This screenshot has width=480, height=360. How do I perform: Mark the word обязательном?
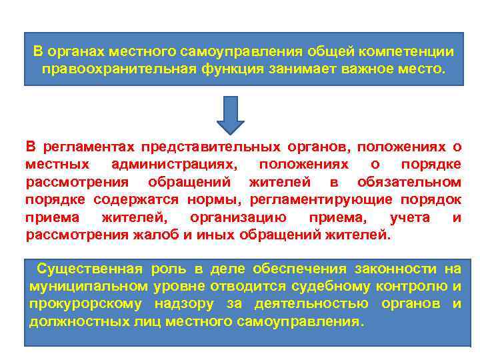pos(409,182)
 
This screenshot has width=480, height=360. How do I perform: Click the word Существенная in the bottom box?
pos(89,269)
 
